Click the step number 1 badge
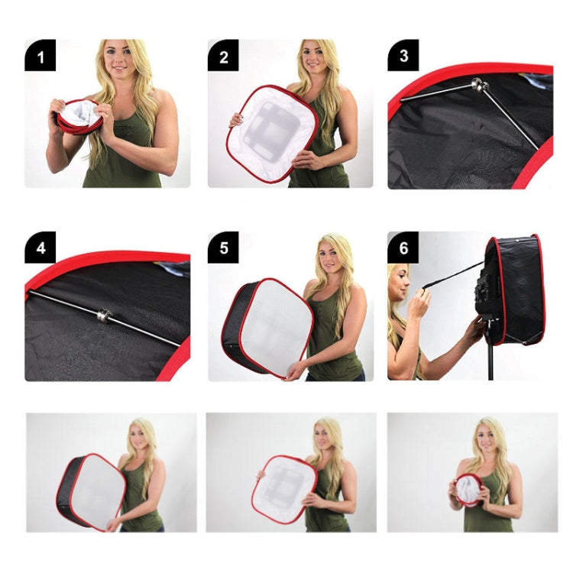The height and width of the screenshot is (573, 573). [40, 55]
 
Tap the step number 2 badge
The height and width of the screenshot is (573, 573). [223, 55]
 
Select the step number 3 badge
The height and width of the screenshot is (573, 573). [403, 55]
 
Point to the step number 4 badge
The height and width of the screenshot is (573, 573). [40, 248]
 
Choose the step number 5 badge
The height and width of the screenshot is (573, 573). [223, 248]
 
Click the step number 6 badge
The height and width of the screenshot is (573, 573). [403, 248]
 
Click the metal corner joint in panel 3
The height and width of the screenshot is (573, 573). [478, 86]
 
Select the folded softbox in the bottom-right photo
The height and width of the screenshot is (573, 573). [467, 490]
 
